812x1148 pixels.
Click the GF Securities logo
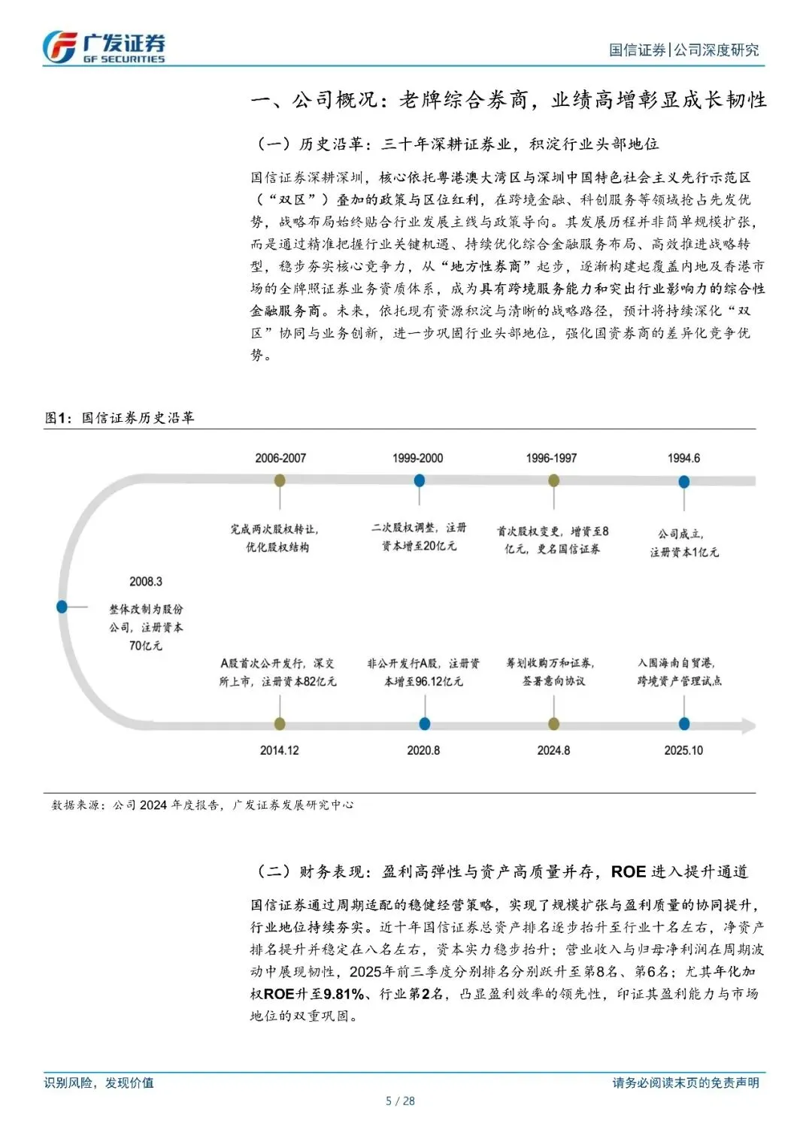pyautogui.click(x=104, y=47)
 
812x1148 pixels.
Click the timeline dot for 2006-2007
pyautogui.click(x=280, y=480)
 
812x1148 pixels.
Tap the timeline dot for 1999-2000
pyautogui.click(x=419, y=480)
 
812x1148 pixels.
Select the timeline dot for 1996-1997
pyautogui.click(x=553, y=480)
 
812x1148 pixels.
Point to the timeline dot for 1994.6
pyautogui.click(x=684, y=481)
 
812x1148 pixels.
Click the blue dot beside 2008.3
pyautogui.click(x=62, y=607)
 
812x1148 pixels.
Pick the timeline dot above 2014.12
pyautogui.click(x=280, y=724)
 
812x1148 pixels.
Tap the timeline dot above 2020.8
pyautogui.click(x=424, y=724)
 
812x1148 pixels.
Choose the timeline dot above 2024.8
pyautogui.click(x=554, y=724)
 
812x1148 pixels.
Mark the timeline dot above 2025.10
pyautogui.click(x=684, y=724)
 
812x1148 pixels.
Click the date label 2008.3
pyautogui.click(x=146, y=582)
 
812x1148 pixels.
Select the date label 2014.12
pyautogui.click(x=280, y=750)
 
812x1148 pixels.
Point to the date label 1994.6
pyautogui.click(x=683, y=458)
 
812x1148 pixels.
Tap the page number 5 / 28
pyautogui.click(x=400, y=1101)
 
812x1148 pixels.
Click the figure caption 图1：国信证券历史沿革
pyautogui.click(x=120, y=418)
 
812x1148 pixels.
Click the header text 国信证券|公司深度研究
pyautogui.click(x=683, y=50)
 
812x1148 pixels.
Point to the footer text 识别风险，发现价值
pyautogui.click(x=99, y=1083)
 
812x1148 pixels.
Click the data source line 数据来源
pyautogui.click(x=202, y=804)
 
